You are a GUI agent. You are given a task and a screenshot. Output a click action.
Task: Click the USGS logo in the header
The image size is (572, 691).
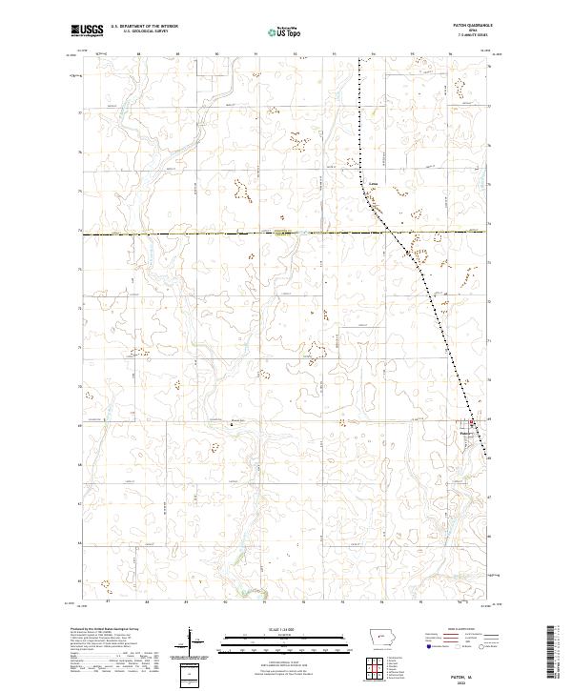tap(88, 31)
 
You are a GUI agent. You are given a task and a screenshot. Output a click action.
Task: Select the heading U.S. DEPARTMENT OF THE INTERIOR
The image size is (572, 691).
tap(146, 27)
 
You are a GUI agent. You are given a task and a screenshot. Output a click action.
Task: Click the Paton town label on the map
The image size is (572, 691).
tap(466, 428)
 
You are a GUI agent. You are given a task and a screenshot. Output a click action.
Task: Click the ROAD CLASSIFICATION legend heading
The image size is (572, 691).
tap(463, 630)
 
